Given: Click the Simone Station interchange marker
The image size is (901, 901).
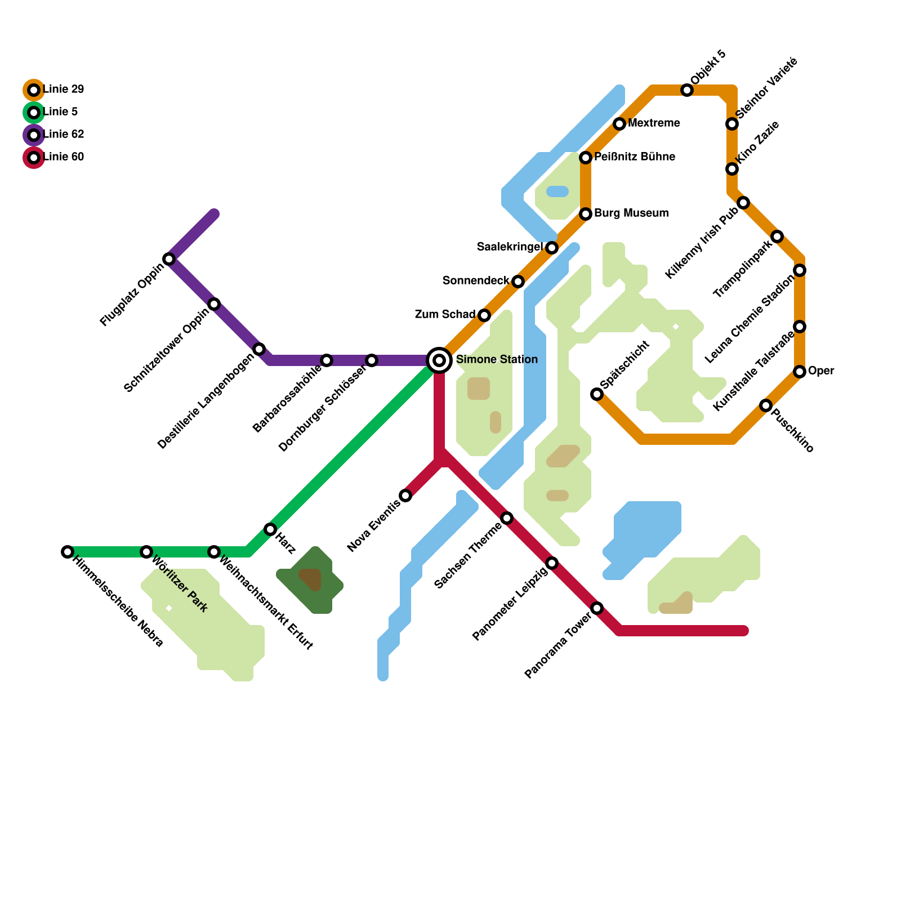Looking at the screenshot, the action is click(x=439, y=360).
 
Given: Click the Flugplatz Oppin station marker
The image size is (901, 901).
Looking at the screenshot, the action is click(x=169, y=259).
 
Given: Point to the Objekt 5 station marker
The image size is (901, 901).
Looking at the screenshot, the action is click(x=687, y=90).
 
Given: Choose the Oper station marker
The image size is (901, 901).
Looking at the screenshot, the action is click(x=800, y=372).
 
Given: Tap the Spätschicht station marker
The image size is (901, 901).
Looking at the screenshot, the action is click(x=597, y=394).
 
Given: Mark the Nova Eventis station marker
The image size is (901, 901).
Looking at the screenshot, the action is click(x=405, y=496).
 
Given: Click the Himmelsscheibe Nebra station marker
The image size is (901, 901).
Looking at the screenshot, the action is click(x=68, y=552).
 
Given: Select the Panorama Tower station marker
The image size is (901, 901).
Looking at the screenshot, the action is click(x=597, y=608).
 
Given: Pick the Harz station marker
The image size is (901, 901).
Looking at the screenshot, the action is click(x=270, y=529).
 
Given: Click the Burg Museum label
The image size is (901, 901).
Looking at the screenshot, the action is click(x=631, y=213).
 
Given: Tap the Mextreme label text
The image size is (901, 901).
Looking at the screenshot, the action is click(x=654, y=123).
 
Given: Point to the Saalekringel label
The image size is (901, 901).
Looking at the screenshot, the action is click(x=510, y=247).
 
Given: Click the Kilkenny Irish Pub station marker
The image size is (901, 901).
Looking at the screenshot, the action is click(x=743, y=203).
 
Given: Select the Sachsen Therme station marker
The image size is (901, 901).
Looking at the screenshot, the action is click(x=507, y=518).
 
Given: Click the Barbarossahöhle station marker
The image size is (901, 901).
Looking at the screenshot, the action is click(x=327, y=360).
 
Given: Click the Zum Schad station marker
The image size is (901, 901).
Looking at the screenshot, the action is click(x=484, y=315).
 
